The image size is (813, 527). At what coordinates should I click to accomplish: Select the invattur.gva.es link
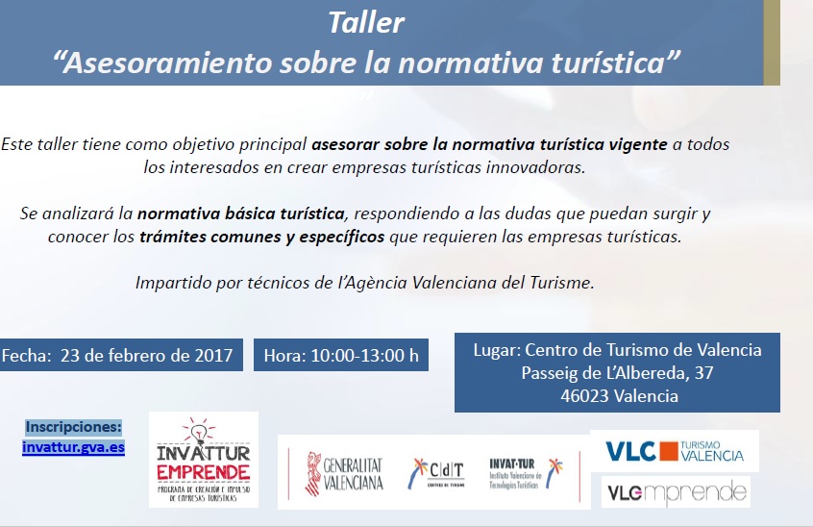tap(73, 447)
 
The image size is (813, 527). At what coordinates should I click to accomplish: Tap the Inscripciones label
tap(73, 426)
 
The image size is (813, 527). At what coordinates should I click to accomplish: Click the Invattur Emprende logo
tap(203, 460)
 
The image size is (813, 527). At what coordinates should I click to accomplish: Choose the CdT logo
tap(437, 472)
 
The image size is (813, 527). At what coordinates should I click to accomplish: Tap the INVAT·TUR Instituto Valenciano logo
tap(525, 471)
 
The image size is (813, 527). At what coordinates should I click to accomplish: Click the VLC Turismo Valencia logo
tap(679, 451)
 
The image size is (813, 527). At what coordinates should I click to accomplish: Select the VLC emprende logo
tap(676, 493)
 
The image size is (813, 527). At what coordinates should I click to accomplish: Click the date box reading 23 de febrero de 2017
tap(121, 355)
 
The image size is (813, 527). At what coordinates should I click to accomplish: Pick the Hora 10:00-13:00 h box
tap(341, 355)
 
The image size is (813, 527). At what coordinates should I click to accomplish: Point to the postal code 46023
tap(588, 396)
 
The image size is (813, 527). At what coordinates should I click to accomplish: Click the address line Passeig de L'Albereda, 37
tap(616, 372)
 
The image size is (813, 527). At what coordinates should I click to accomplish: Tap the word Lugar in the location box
tap(498, 349)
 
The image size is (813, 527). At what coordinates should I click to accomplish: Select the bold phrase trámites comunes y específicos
tap(261, 236)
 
